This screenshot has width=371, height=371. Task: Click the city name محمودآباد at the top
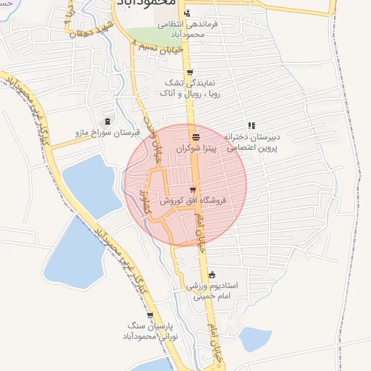coord(145,4)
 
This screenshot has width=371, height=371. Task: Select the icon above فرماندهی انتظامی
coord(188,13)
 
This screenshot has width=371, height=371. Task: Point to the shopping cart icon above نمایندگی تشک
coord(190,72)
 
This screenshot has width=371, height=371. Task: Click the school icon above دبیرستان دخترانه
coord(251,125)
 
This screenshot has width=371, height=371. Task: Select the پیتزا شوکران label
coord(196,147)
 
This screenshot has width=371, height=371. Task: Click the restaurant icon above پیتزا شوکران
coord(196,136)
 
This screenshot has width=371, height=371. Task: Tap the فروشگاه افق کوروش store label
coord(193,199)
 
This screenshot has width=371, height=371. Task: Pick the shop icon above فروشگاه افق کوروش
coord(191,190)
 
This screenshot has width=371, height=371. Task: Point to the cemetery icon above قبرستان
coord(108,121)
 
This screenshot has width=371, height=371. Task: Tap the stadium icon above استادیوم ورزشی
coord(212,275)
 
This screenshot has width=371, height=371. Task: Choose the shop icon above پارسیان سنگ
coord(150,316)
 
